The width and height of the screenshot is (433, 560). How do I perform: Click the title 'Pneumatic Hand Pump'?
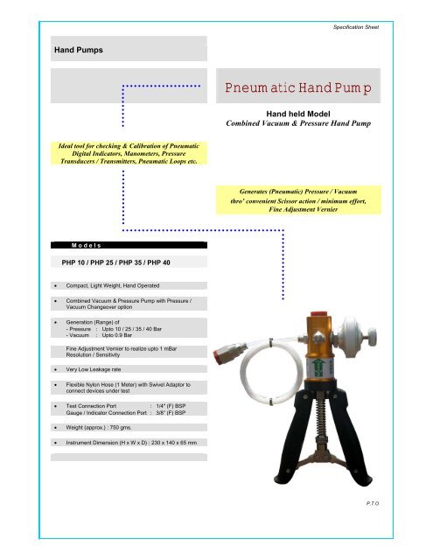click(298, 88)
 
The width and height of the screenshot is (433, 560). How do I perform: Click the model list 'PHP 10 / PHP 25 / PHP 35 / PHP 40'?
click(121, 262)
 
